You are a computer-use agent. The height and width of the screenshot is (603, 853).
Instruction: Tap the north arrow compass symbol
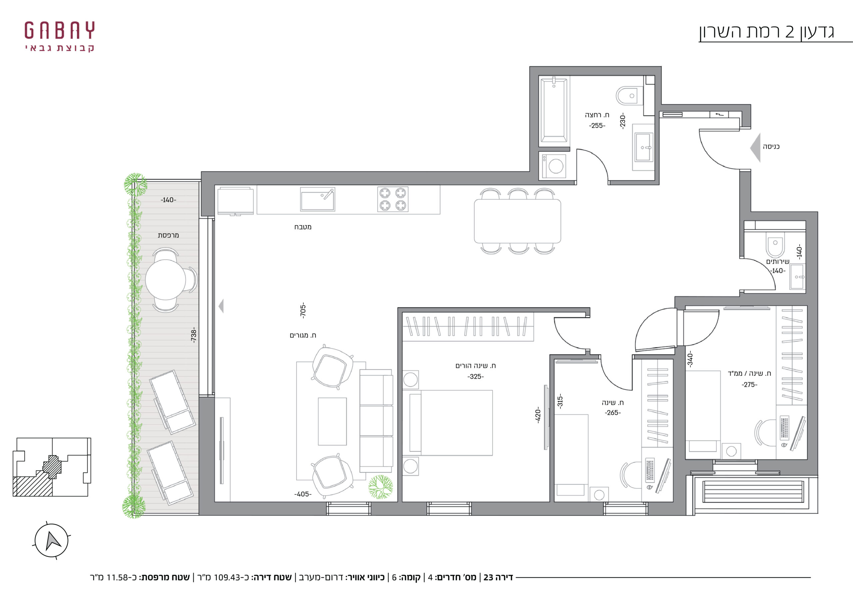coord(52,541)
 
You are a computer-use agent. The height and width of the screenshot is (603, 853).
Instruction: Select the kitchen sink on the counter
coord(318,199)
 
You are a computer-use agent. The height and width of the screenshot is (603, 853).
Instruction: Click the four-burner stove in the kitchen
coord(393,199)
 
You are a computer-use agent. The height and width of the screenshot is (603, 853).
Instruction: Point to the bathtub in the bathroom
coord(553,110)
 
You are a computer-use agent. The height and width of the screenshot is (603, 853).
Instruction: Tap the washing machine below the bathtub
coord(554,166)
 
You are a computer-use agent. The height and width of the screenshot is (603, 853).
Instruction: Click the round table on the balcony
coord(165,280)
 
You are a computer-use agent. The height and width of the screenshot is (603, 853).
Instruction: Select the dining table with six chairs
coord(517,221)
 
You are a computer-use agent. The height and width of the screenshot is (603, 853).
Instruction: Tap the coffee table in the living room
coord(333,421)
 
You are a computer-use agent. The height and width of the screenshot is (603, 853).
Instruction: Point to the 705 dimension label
coord(303,310)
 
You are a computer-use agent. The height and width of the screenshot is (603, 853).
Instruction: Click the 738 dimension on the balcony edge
coord(193,335)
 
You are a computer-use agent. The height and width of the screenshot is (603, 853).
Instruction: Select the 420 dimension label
coord(537,415)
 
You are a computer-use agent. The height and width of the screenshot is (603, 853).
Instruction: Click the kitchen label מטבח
coord(303,227)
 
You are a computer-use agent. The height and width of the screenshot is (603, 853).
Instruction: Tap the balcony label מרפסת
coord(168,235)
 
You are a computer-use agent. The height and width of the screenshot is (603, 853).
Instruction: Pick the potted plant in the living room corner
coord(381,487)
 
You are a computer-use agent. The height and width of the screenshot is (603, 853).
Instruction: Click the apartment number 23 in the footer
coord(488,577)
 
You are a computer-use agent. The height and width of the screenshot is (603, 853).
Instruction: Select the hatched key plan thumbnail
coord(52,467)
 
